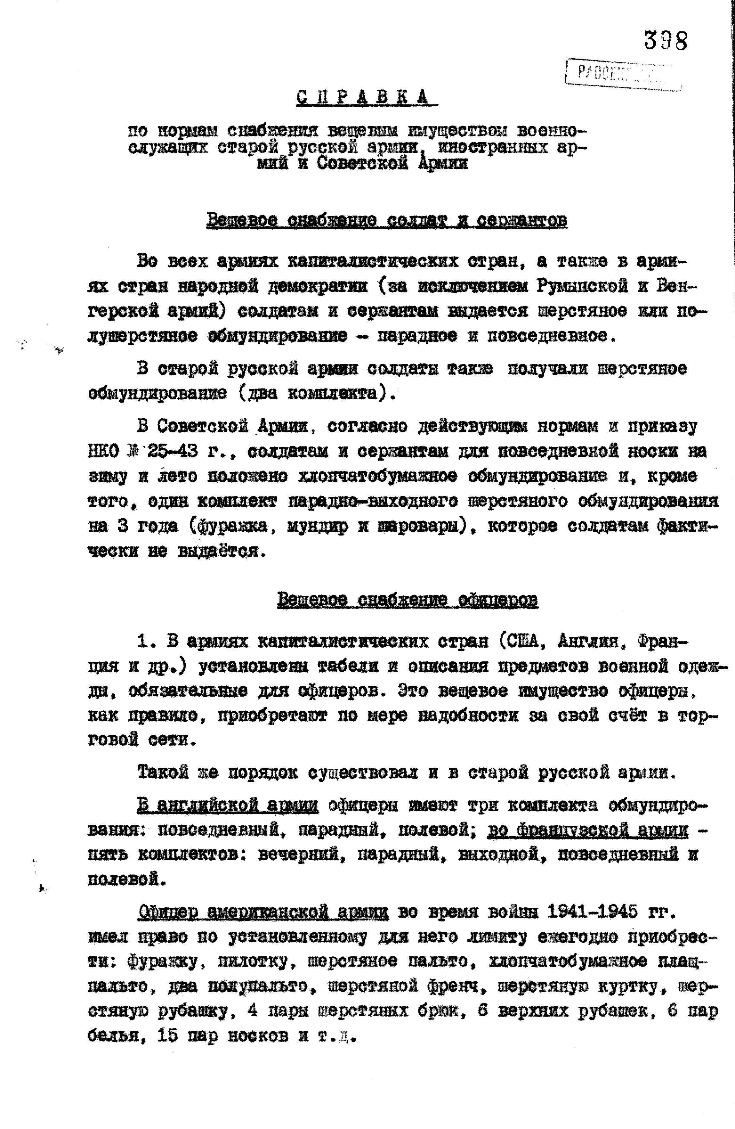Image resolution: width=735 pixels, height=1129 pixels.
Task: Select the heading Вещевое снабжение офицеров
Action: point(407,600)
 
